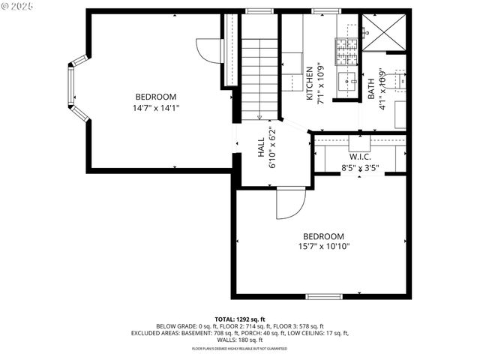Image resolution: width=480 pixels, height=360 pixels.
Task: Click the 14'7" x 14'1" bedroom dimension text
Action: click(156, 108)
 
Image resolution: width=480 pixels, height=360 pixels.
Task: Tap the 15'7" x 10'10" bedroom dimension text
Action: click(324, 246)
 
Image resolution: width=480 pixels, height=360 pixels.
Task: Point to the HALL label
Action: click(261, 145)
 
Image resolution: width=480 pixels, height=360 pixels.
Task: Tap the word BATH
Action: click(371, 89)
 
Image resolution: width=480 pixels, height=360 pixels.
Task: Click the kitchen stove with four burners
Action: click(346, 51)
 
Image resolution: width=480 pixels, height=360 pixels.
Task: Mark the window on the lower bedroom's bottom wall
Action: click(324, 297)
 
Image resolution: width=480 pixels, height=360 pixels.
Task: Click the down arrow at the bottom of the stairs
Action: click(259, 115)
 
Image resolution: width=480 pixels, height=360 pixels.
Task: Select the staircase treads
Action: click(259, 75)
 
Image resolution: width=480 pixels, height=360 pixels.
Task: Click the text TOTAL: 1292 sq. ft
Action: click(240, 319)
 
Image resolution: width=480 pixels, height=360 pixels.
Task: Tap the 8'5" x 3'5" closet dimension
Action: click(360, 169)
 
